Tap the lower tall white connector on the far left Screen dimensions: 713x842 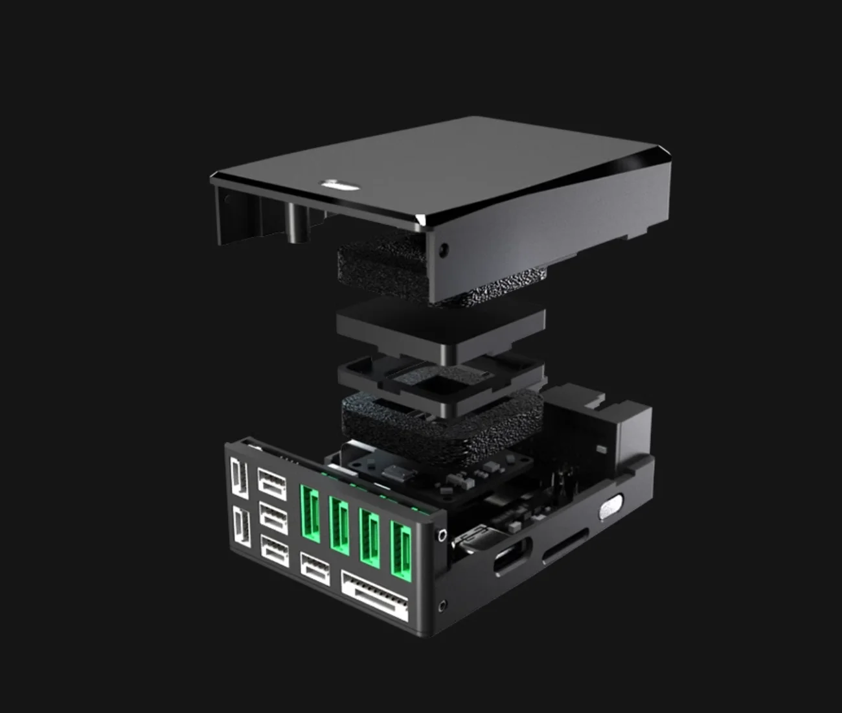(x=239, y=528)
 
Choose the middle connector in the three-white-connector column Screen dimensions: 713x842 (x=273, y=517)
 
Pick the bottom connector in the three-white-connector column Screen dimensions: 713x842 (x=274, y=549)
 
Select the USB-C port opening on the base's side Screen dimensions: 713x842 (x=512, y=557)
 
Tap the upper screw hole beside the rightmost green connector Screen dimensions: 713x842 (x=441, y=535)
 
